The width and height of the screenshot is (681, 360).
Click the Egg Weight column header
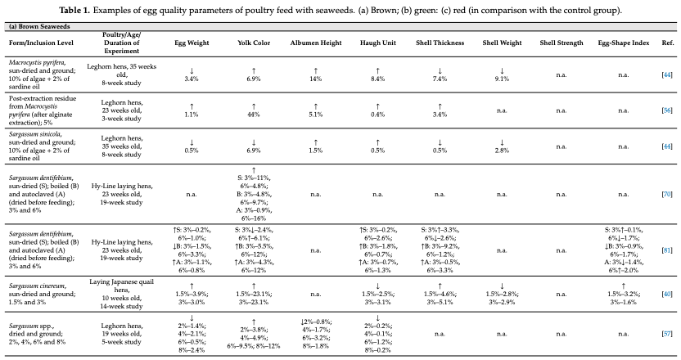tap(192, 43)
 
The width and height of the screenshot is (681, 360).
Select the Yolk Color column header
tap(254, 43)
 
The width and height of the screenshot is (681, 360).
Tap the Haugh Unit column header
tap(378, 43)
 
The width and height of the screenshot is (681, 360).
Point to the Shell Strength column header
tap(561, 43)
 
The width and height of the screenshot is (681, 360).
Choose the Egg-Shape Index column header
tap(623, 43)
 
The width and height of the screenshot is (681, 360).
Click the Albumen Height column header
tap(316, 43)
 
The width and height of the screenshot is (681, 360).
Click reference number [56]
tap(666, 110)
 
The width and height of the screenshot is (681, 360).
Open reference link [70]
tap(666, 194)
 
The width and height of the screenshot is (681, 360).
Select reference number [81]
tap(666, 250)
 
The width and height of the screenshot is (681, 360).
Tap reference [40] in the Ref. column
tap(666, 294)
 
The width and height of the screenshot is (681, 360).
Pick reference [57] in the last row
tap(666, 334)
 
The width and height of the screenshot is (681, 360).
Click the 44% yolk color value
tap(254, 115)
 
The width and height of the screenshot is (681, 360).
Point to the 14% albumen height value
tap(316, 79)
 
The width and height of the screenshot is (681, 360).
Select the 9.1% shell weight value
tap(502, 79)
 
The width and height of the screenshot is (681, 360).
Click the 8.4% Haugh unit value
tap(378, 79)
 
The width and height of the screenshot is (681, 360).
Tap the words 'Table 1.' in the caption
tap(74, 10)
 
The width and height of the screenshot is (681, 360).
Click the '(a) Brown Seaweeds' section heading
tap(39, 26)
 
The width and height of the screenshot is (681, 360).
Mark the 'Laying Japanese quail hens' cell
tap(122, 286)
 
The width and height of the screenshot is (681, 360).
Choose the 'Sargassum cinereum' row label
tap(38, 286)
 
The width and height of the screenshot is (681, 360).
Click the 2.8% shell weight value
tap(502, 151)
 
